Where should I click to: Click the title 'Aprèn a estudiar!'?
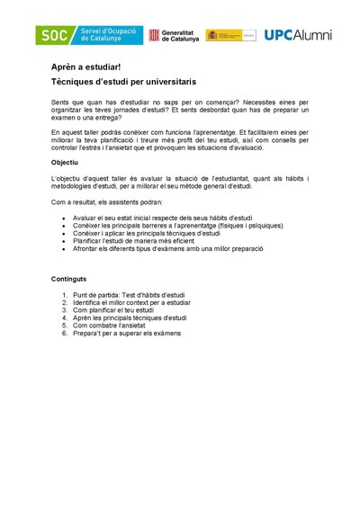[85, 67]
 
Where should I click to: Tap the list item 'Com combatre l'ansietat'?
[112, 325]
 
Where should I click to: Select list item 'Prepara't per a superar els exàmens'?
[127, 334]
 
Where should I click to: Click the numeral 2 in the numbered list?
[65, 303]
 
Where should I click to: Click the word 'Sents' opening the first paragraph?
[60, 103]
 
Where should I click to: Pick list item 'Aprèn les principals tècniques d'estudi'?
[130, 318]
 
